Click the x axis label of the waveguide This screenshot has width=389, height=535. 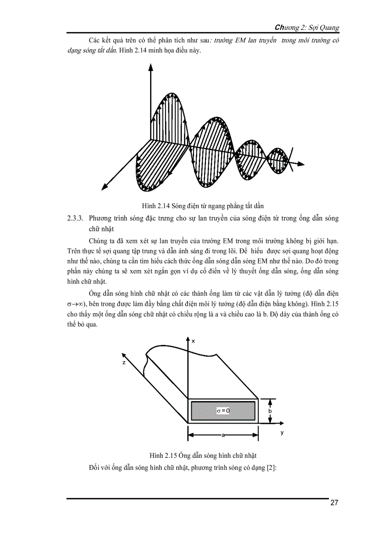click(x=193, y=341)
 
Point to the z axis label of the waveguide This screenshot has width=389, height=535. click(x=123, y=363)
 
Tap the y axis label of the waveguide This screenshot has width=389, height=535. click(x=282, y=433)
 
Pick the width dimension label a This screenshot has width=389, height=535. click(x=223, y=434)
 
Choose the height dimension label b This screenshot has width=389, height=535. click(x=270, y=411)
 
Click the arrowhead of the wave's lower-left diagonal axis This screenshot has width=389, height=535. click(x=103, y=188)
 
